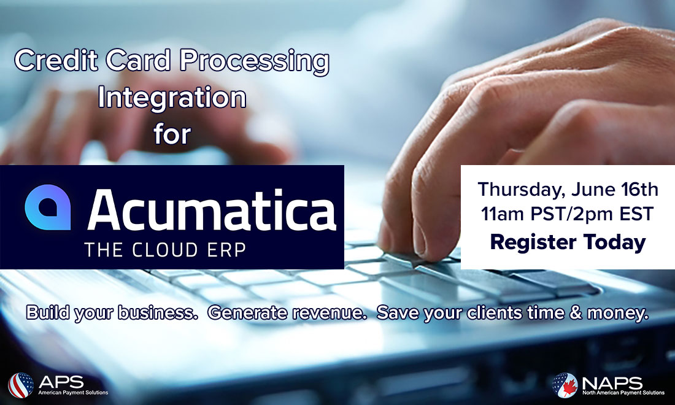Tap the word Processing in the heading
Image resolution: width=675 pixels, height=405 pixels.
255,62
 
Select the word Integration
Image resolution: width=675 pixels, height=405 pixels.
172,98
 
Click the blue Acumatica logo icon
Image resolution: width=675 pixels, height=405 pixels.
48,207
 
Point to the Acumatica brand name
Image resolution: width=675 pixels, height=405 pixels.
212,210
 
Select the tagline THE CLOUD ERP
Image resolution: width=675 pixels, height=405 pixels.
165,250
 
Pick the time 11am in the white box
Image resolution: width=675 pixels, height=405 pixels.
503,214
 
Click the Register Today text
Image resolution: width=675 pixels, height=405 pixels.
568,242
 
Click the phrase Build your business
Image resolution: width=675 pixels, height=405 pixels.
112,313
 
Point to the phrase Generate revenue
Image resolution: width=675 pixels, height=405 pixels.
287,313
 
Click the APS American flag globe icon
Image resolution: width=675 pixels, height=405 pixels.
21,385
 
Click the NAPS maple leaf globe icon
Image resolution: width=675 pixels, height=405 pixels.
565,385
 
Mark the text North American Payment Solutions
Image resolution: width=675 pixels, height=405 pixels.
623,393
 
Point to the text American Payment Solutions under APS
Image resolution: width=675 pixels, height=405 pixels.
73,393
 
